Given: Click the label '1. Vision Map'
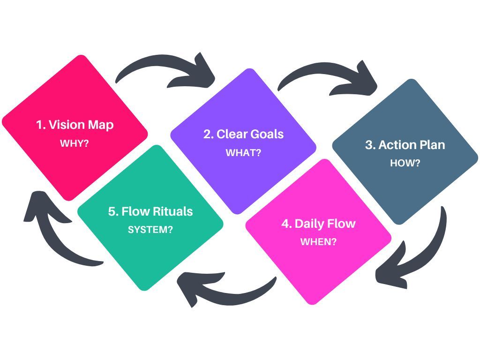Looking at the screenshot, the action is point(75,125).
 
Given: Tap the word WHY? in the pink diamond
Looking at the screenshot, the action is point(75,143).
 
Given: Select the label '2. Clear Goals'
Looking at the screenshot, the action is point(243,134).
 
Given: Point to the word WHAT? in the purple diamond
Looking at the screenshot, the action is point(243,153).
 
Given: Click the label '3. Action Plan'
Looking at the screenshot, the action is point(405,145).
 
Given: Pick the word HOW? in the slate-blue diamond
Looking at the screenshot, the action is point(405,163).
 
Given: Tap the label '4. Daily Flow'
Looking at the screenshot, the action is point(318,224).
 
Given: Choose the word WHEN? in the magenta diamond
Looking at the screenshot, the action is point(318,242).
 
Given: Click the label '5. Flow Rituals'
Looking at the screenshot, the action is point(150,211).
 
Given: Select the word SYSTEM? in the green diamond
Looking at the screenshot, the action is point(150,230).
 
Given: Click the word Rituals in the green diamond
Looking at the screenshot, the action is point(172,211).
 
